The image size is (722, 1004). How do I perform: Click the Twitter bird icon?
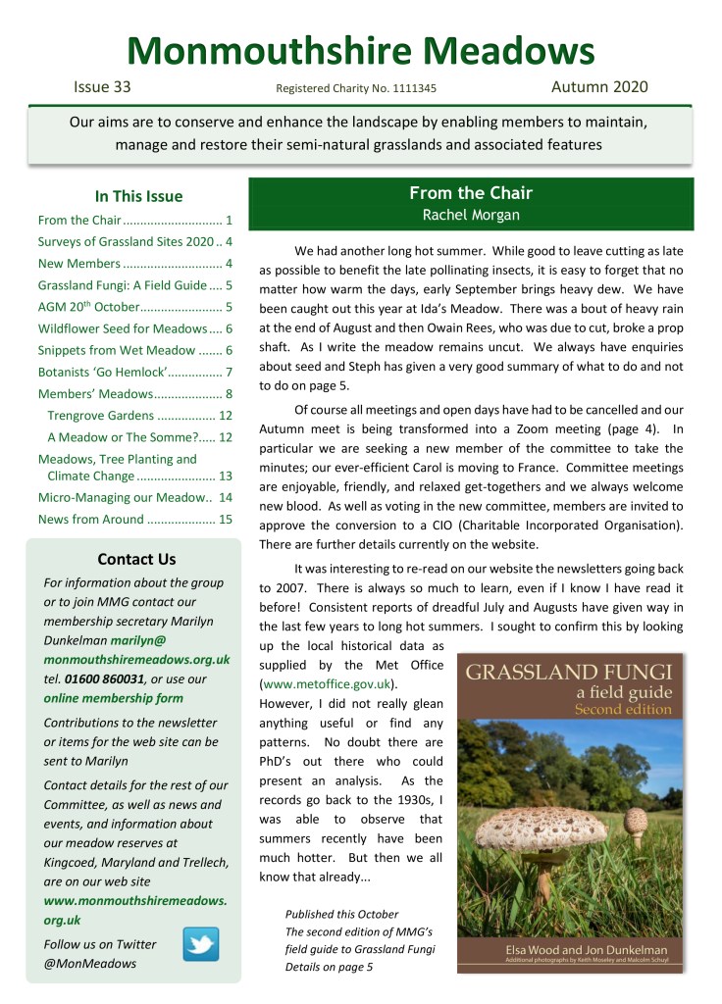point(201,943)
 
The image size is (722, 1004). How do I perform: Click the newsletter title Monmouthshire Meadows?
point(360,49)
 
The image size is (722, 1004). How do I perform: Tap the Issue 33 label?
point(102,87)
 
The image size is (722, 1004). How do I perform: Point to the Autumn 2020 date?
point(599,87)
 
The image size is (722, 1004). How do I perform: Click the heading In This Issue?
point(138,196)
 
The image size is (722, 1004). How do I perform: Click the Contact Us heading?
point(136,560)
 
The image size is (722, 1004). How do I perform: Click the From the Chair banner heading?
point(470,193)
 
